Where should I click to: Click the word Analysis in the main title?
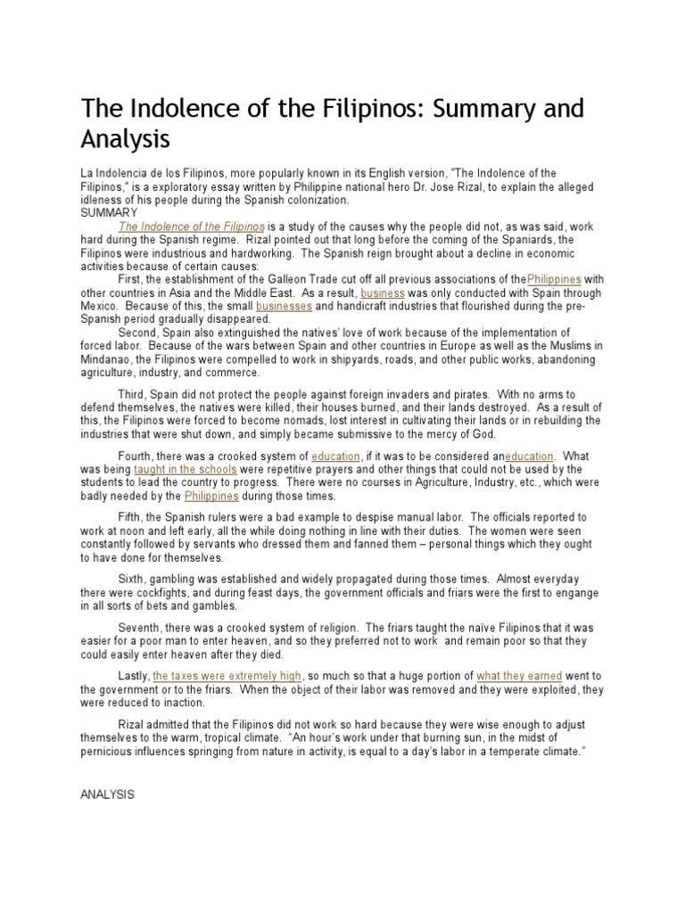click(x=126, y=139)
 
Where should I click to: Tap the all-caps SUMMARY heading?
click(x=109, y=214)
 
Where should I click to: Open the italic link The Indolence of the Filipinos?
click(x=192, y=227)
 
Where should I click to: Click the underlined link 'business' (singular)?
click(x=383, y=292)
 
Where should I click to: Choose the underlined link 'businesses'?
click(x=284, y=305)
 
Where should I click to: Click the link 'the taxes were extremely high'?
click(x=227, y=676)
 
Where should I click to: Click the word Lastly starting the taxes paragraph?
click(x=133, y=676)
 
